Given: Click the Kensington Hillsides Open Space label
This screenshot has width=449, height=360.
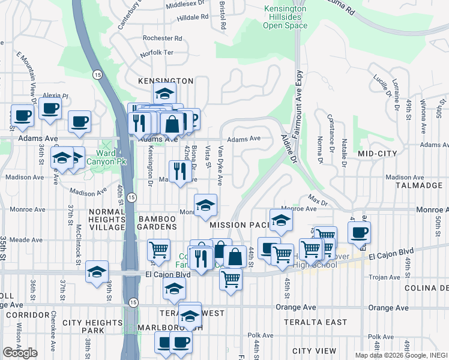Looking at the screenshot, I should coord(286,17).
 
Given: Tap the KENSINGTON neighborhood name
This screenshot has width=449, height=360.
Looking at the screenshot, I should coord(166,80).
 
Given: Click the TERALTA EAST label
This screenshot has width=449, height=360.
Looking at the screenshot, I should coord(319,323).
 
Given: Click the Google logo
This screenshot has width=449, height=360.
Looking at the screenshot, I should coord(20,353).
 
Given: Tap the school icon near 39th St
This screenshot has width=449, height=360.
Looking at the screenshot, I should coord(97,272).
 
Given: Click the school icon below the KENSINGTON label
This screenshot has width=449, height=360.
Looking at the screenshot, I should coord(164,94).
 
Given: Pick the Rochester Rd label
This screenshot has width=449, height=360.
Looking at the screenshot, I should coord(158,38).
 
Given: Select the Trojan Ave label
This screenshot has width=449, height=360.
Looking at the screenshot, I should coord(383,277).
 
